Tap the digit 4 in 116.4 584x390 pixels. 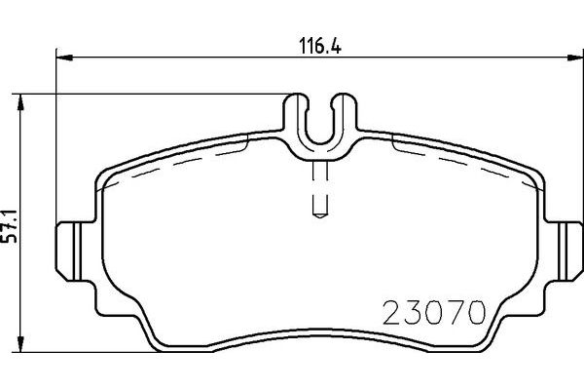pos(341,44)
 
